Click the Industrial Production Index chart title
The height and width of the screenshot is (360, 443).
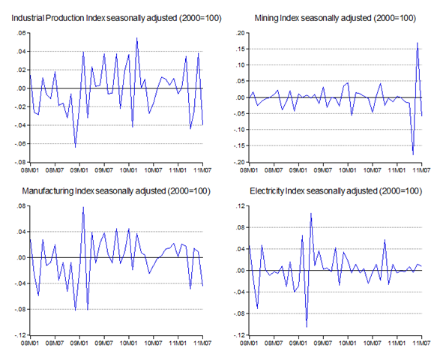116,18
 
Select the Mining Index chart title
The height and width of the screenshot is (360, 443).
335,18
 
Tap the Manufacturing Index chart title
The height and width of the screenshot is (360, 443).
116,191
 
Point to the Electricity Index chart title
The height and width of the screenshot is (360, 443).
336,191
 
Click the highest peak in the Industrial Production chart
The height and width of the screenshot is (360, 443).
136,37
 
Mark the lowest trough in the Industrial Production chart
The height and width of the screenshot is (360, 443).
75,147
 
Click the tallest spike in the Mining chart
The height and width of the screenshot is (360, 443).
418,43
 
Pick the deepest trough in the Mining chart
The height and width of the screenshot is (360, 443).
413,154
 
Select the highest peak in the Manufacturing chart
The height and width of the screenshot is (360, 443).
83,207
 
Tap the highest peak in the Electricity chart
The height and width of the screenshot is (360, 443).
311,213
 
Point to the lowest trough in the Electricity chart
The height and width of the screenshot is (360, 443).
307,327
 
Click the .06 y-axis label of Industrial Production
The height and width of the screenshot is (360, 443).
21,33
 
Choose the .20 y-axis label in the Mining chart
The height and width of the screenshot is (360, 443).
241,33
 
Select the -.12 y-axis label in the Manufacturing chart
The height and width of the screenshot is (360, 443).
20,335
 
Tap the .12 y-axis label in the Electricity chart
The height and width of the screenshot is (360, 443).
241,206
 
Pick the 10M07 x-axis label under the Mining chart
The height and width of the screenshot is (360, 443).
373,170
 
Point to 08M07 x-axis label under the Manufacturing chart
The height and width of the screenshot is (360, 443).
55,343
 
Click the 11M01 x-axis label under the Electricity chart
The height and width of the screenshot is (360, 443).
397,343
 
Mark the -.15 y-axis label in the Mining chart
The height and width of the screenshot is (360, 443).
239,145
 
